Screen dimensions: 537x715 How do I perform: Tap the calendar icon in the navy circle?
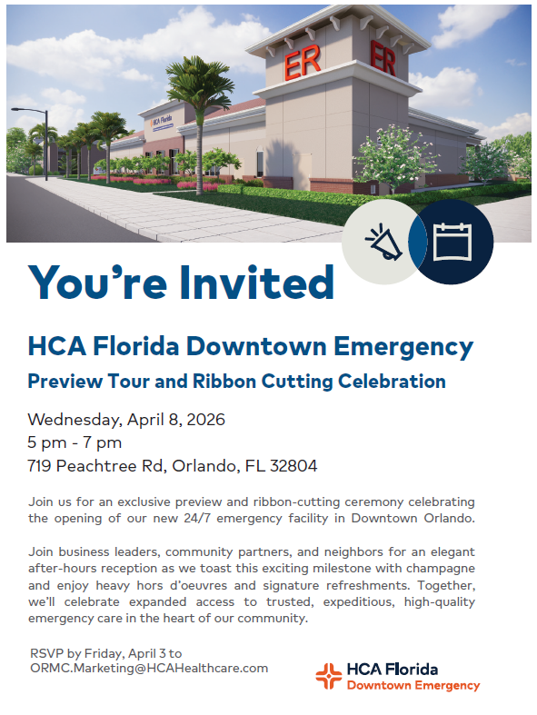click(451, 243)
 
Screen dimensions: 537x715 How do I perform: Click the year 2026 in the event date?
click(204, 420)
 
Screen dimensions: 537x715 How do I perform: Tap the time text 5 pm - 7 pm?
click(75, 443)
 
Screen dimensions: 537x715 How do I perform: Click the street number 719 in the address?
click(41, 467)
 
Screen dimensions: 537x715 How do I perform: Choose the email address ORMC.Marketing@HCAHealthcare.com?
click(148, 668)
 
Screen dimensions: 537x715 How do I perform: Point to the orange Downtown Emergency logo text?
click(413, 685)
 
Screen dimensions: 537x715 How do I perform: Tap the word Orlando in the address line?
click(201, 467)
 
